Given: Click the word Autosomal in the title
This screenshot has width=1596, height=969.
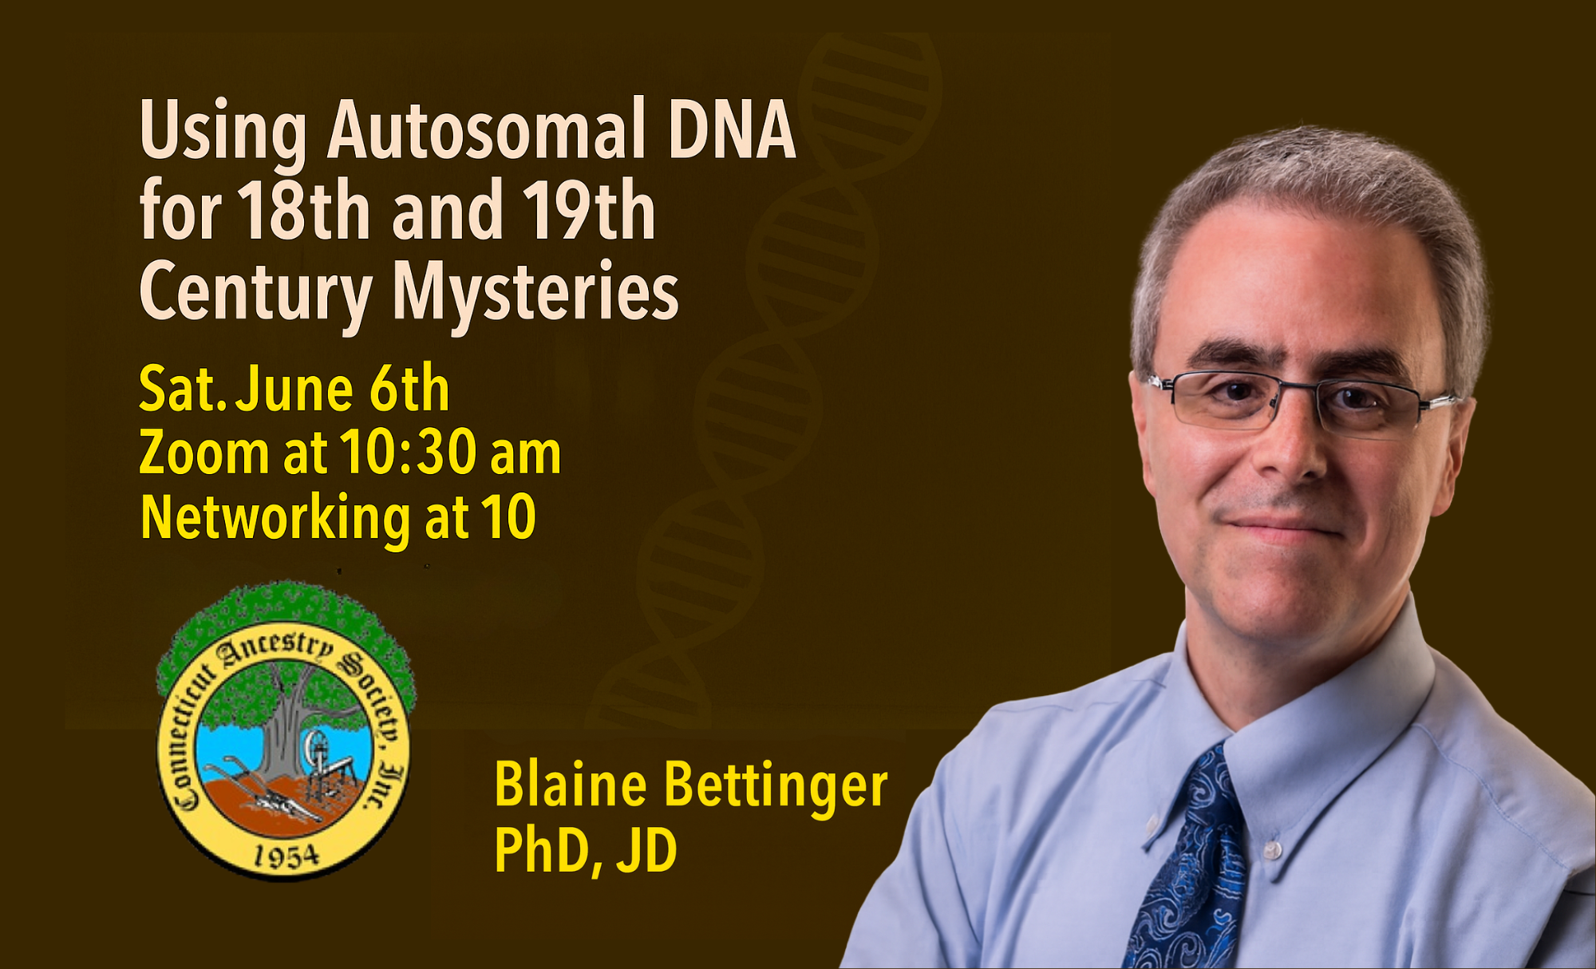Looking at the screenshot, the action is point(486,129).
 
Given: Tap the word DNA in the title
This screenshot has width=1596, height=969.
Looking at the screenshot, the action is point(732,129).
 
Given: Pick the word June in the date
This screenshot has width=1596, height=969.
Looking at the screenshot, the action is point(294,390).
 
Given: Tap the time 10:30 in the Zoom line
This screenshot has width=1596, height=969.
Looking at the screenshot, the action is point(408,453).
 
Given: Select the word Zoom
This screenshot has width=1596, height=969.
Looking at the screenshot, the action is point(204,453).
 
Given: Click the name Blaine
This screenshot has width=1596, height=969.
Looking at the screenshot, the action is point(570,785).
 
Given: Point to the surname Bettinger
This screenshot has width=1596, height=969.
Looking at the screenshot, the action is point(776,787).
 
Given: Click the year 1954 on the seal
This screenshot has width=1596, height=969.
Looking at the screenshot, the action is point(286,856).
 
